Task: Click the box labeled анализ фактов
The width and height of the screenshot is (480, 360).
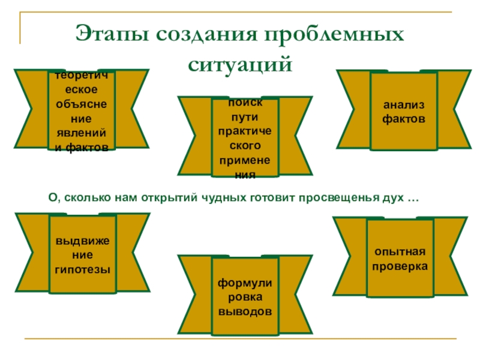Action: click(x=403, y=112)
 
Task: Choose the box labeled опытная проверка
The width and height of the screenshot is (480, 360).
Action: click(x=400, y=259)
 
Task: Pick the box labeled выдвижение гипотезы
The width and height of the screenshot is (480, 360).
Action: click(x=83, y=256)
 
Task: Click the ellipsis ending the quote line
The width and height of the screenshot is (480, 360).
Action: click(x=413, y=198)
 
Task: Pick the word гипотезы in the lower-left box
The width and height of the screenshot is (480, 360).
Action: click(x=83, y=269)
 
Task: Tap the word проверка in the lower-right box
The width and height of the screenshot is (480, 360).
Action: click(x=400, y=265)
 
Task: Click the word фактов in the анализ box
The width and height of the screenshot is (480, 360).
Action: click(x=403, y=119)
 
